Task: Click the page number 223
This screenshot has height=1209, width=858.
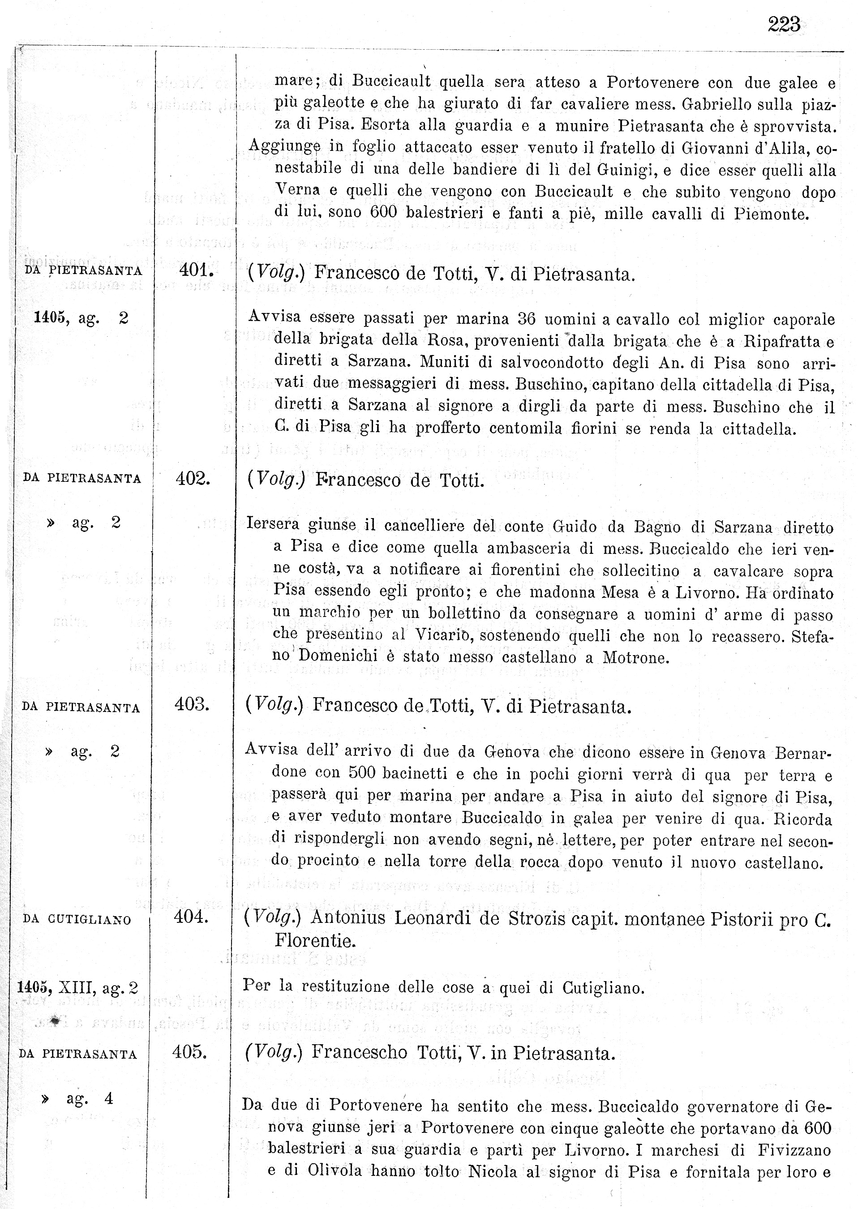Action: (784, 24)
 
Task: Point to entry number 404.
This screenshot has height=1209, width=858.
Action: (191, 917)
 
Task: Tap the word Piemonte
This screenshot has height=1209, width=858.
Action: (772, 214)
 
